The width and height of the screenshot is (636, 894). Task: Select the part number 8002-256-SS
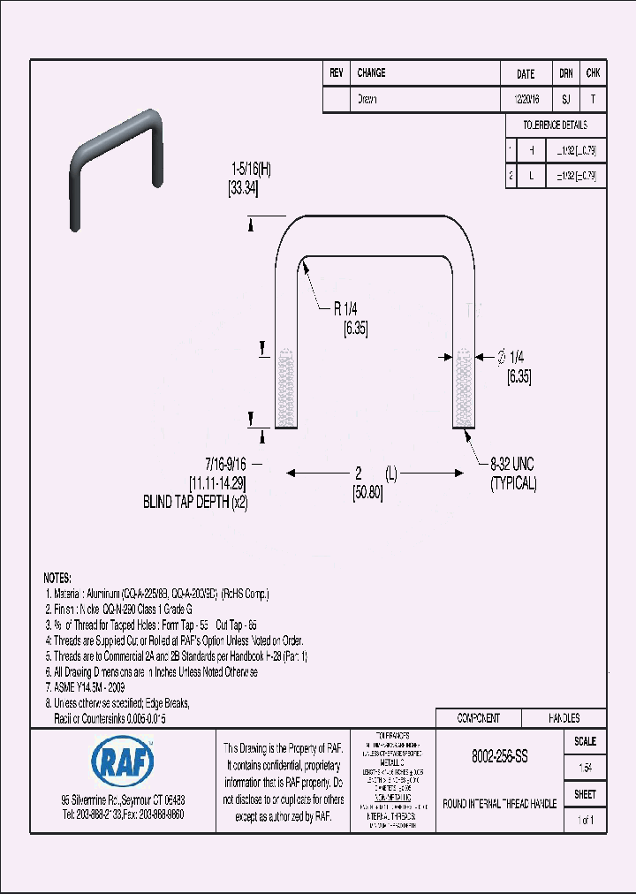(x=500, y=757)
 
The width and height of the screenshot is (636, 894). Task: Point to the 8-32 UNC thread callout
(x=513, y=464)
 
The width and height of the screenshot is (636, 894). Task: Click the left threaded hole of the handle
(x=284, y=389)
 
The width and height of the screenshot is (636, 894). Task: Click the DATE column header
(x=525, y=74)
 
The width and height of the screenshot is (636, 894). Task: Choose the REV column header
(x=336, y=73)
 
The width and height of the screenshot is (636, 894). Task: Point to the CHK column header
(x=593, y=73)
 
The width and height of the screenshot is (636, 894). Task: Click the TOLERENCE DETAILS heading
(x=555, y=125)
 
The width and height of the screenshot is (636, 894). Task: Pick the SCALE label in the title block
(x=585, y=741)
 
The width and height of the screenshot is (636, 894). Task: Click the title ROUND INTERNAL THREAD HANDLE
(x=499, y=804)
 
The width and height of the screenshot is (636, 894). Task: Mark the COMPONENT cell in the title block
(x=478, y=718)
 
